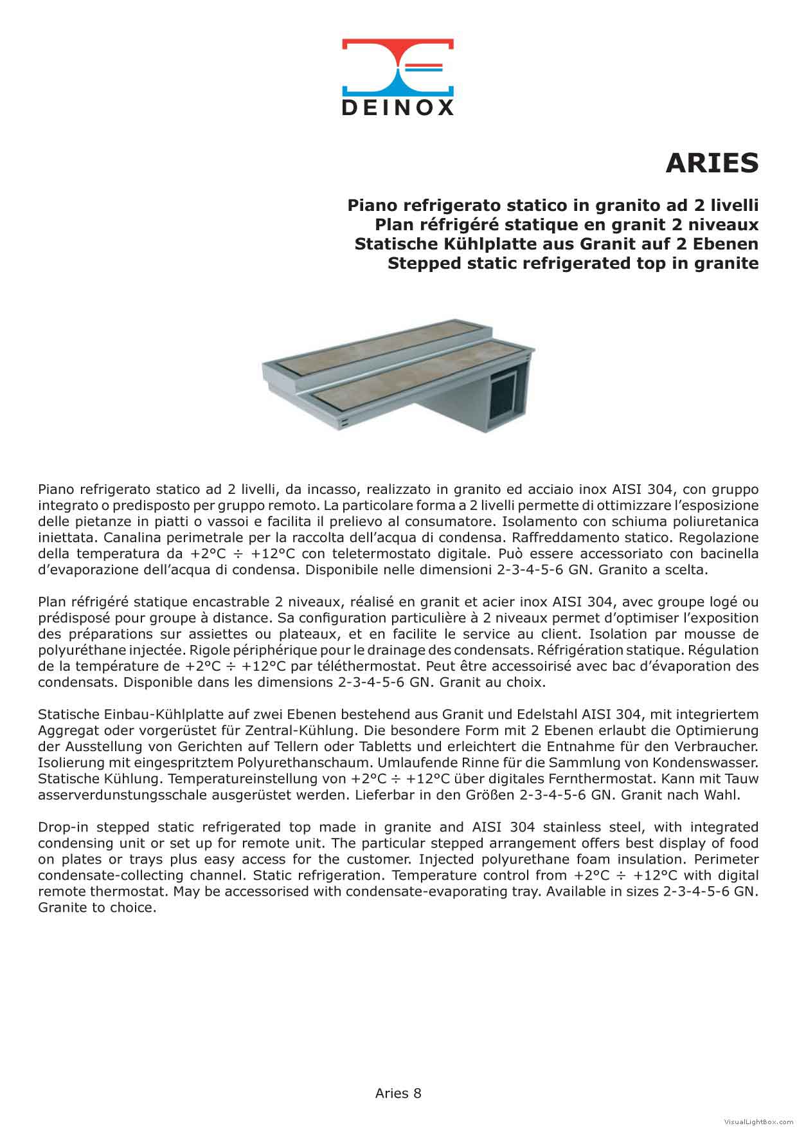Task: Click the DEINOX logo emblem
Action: [397, 67]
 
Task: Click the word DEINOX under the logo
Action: [397, 107]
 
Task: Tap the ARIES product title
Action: [712, 163]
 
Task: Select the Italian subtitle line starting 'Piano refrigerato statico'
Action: [553, 205]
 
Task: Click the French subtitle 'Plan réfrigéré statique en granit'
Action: [566, 224]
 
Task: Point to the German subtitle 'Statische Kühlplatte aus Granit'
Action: [556, 244]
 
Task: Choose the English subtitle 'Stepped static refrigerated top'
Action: [573, 263]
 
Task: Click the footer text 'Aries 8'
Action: [398, 1093]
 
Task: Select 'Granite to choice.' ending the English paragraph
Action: [97, 907]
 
